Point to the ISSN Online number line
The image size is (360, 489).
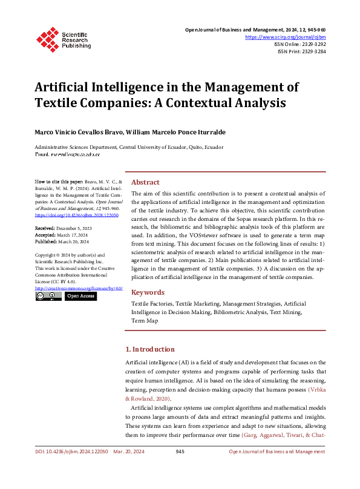(301, 44)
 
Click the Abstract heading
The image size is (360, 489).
(145, 182)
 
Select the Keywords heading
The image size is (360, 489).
(148, 292)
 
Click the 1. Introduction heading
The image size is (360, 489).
(149, 349)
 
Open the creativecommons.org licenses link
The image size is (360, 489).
(79, 288)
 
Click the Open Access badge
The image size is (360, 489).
(80, 297)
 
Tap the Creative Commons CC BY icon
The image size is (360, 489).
(48, 297)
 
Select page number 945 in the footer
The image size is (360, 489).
(180, 452)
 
